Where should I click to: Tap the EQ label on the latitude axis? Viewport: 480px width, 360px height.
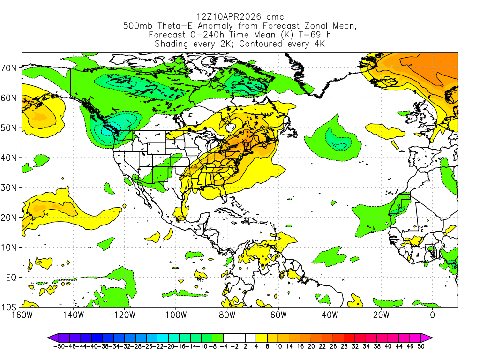11,277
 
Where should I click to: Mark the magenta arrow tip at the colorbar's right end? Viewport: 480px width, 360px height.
429,337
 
